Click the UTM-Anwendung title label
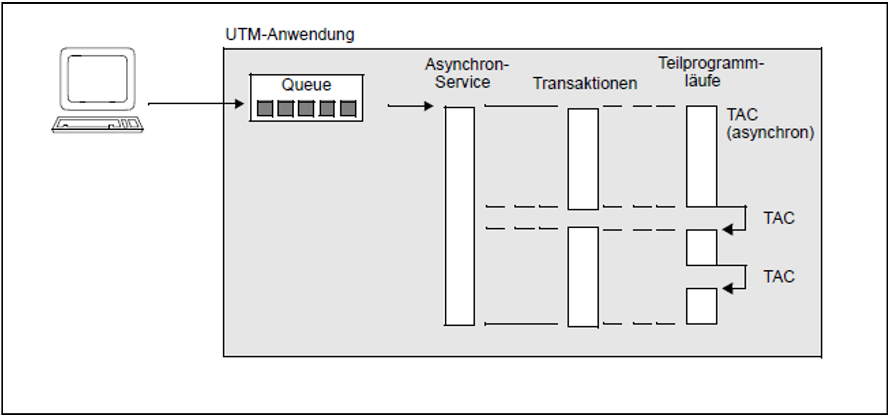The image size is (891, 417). [x=290, y=34]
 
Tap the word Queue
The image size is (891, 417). [x=306, y=85]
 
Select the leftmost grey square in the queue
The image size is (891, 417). [x=265, y=109]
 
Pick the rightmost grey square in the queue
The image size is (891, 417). [x=348, y=109]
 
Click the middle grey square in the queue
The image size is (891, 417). [x=306, y=109]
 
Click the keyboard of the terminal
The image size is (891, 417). [x=97, y=124]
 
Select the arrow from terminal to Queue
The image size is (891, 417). [x=195, y=104]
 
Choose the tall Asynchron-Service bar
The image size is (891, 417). [x=459, y=216]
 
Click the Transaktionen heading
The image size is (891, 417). [x=585, y=83]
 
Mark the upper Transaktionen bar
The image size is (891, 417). [x=583, y=159]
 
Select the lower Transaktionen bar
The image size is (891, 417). [x=583, y=277]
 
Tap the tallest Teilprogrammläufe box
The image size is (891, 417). [x=701, y=157]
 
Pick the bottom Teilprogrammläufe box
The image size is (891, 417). [x=701, y=306]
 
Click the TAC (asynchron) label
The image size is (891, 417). [x=770, y=123]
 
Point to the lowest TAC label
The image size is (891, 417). [x=779, y=276]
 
